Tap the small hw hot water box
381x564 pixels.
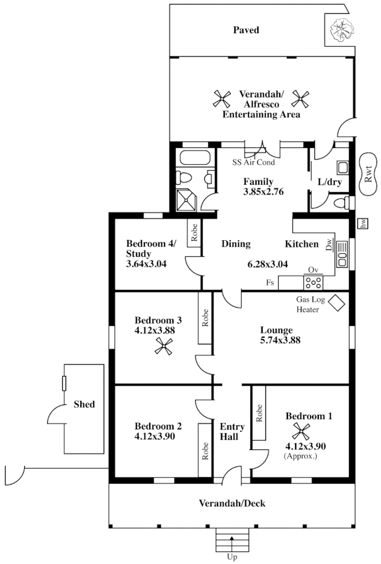(x=362, y=223)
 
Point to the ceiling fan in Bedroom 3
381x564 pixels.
(x=164, y=346)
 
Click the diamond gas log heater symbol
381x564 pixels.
(x=335, y=303)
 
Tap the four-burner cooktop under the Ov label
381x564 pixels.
(x=314, y=283)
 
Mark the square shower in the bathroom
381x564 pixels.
(x=187, y=199)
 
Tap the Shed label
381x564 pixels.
(x=84, y=404)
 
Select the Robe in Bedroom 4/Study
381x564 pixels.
(x=194, y=234)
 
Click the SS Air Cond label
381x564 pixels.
(x=253, y=162)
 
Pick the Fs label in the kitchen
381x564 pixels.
(x=270, y=282)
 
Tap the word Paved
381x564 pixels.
(x=245, y=30)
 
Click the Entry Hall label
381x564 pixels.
(x=228, y=431)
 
